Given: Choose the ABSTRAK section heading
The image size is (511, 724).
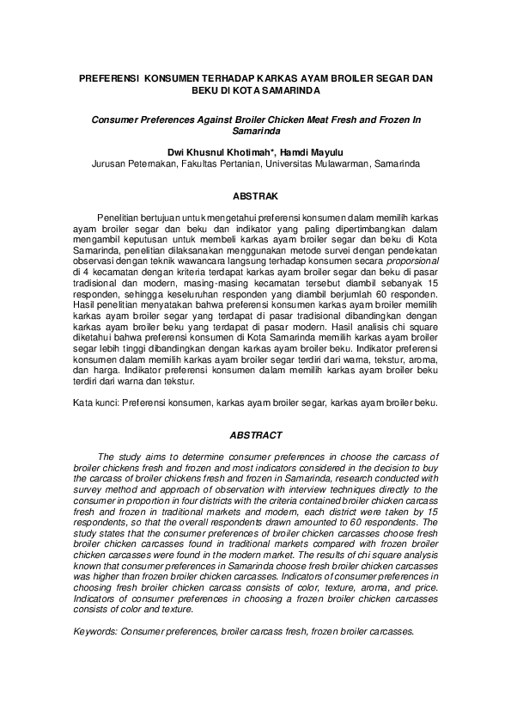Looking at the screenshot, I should [x=255, y=197].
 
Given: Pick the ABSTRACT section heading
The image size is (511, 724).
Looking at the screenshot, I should [x=255, y=436].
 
